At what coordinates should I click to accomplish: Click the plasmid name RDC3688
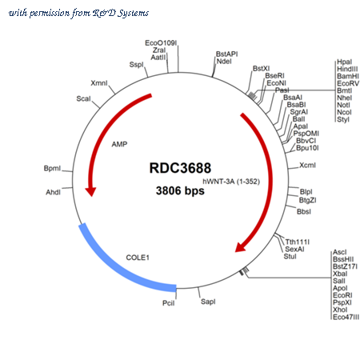(x=180, y=168)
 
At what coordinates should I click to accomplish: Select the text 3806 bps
(x=180, y=190)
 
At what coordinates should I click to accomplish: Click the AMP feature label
(x=119, y=144)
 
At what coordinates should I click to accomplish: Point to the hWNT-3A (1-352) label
(x=231, y=182)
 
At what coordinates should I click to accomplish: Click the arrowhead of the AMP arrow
(x=90, y=191)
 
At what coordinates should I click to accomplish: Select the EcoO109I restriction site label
(x=161, y=43)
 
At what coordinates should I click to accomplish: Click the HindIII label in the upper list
(x=347, y=69)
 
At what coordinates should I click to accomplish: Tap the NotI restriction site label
(x=343, y=105)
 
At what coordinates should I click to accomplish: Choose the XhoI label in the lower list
(x=340, y=310)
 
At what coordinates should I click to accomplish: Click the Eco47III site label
(x=346, y=317)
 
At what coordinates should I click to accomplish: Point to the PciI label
(x=169, y=303)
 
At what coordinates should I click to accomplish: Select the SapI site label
(x=208, y=302)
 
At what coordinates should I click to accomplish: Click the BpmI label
(x=52, y=169)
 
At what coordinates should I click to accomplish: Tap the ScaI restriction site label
(x=83, y=98)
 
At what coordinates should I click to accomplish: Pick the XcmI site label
(x=307, y=166)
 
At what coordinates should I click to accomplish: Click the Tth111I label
(x=298, y=242)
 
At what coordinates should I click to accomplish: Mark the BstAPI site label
(x=226, y=54)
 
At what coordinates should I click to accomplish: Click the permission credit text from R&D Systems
(x=78, y=13)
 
